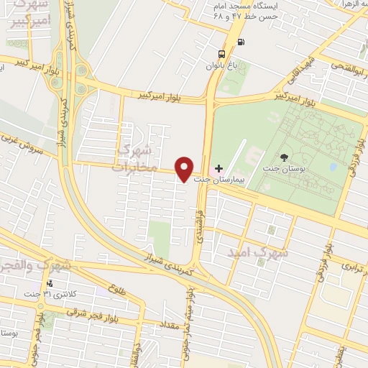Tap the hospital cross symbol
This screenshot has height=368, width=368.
point(219,168)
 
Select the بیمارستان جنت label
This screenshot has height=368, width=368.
point(226,180)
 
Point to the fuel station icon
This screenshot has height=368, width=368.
point(239,41)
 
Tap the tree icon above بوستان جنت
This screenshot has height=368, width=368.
point(286,156)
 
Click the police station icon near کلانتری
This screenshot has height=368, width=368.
point(50,284)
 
